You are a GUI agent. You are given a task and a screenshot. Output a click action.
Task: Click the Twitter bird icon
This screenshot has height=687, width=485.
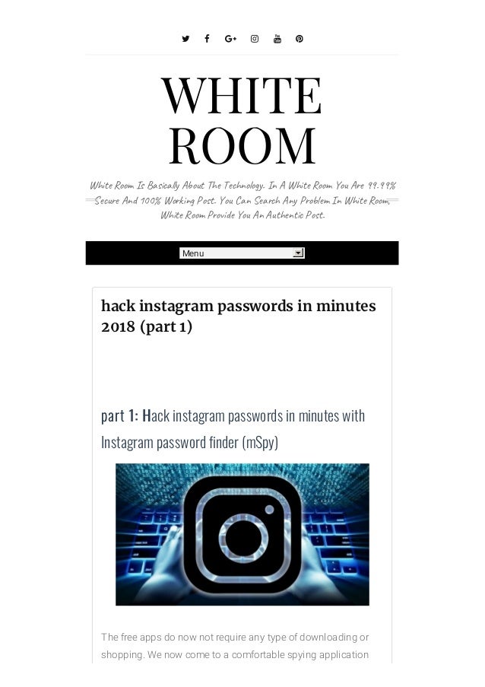(185, 39)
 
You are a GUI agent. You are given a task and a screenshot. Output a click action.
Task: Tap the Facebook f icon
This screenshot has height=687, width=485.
(207, 39)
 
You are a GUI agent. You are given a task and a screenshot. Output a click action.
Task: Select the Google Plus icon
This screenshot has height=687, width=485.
(230, 39)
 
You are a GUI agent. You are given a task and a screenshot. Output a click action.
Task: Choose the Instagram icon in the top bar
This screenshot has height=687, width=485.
(255, 39)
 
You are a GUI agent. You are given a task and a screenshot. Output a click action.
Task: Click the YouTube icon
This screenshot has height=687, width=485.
(277, 39)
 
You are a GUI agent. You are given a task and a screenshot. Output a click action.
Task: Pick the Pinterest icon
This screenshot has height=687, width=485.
(300, 39)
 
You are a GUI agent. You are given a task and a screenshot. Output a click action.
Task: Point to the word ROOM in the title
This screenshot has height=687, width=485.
(242, 145)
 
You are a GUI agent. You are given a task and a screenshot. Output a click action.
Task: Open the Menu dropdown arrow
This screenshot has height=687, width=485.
(298, 253)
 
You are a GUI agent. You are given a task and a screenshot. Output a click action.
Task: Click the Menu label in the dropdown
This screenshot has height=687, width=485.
(193, 253)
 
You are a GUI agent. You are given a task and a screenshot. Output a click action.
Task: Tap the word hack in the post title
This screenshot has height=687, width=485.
(117, 306)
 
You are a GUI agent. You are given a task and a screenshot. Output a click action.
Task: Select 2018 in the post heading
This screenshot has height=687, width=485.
(118, 326)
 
